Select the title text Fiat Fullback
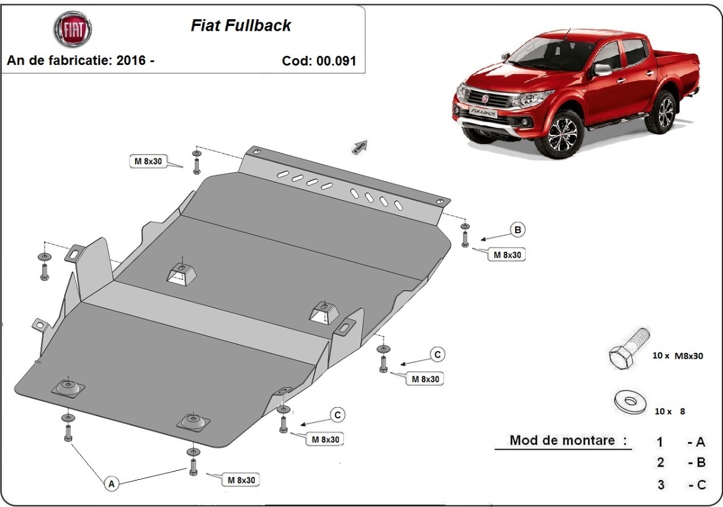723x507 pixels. coord(241,25)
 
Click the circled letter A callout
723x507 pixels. coord(111,482)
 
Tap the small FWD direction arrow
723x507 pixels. coord(360,146)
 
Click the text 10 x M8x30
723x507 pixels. coord(677,356)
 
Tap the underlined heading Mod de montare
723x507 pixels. coord(562,440)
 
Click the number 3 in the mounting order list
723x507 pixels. coord(660,484)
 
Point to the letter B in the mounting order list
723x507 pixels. coord(700,463)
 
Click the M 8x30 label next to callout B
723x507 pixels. coord(507,255)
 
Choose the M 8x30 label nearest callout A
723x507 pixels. coord(241,480)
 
